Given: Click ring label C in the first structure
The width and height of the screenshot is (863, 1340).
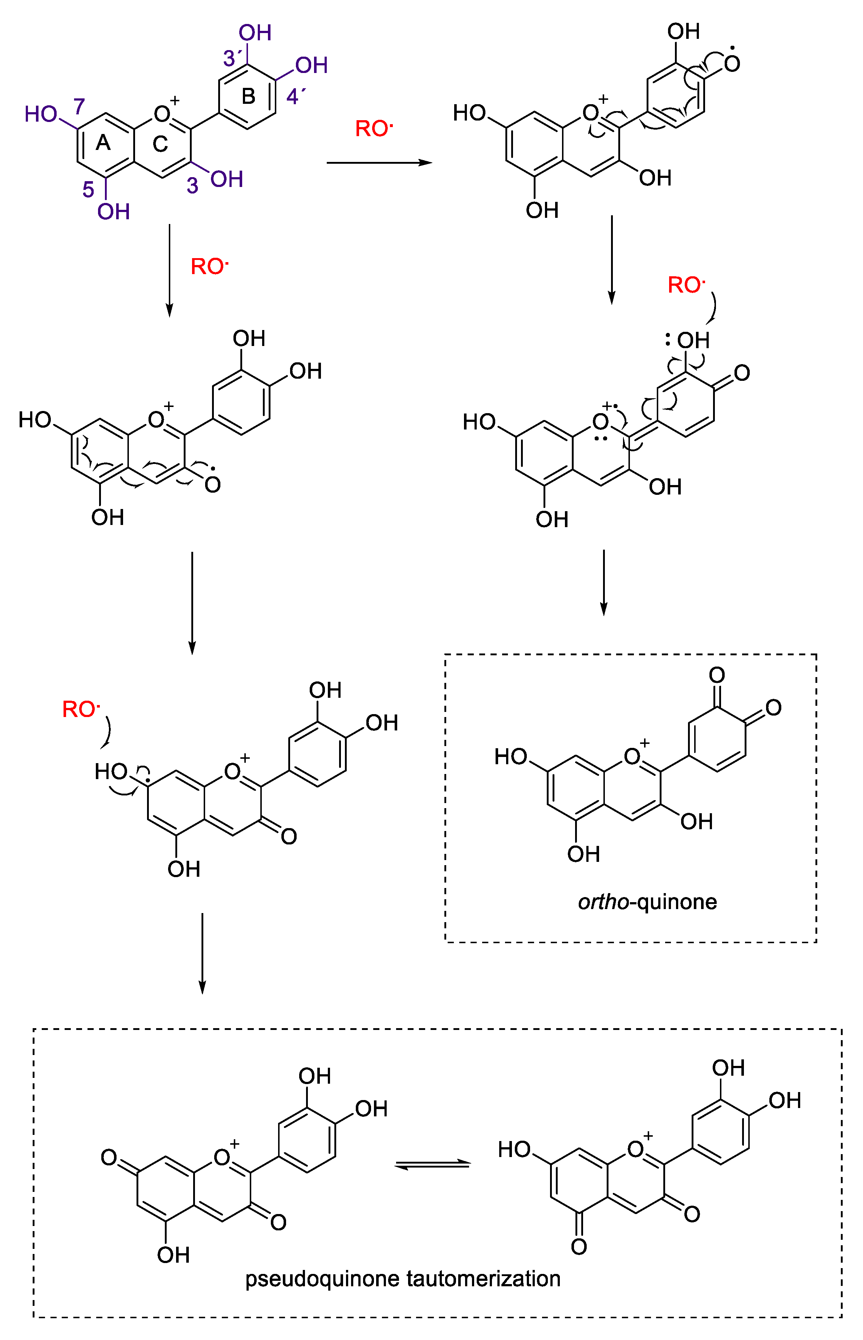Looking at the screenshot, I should (160, 144).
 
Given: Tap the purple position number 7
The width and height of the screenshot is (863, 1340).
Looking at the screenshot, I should (79, 106).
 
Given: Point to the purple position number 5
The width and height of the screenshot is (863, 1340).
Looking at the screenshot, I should (88, 190).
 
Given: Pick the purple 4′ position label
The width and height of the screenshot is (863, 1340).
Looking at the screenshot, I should (295, 96).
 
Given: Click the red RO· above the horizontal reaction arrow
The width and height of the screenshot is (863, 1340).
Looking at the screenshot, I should (374, 129).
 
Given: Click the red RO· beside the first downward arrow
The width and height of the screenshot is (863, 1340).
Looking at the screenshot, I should (209, 266).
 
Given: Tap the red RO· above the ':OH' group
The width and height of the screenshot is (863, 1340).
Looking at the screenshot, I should (686, 285).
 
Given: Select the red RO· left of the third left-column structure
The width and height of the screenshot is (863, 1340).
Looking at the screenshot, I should (81, 709).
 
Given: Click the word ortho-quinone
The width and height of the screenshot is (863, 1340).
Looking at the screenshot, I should (647, 901).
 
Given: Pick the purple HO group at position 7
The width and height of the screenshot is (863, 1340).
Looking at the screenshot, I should (41, 114).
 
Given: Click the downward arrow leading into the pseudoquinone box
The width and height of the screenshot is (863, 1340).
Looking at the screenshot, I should (202, 952).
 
